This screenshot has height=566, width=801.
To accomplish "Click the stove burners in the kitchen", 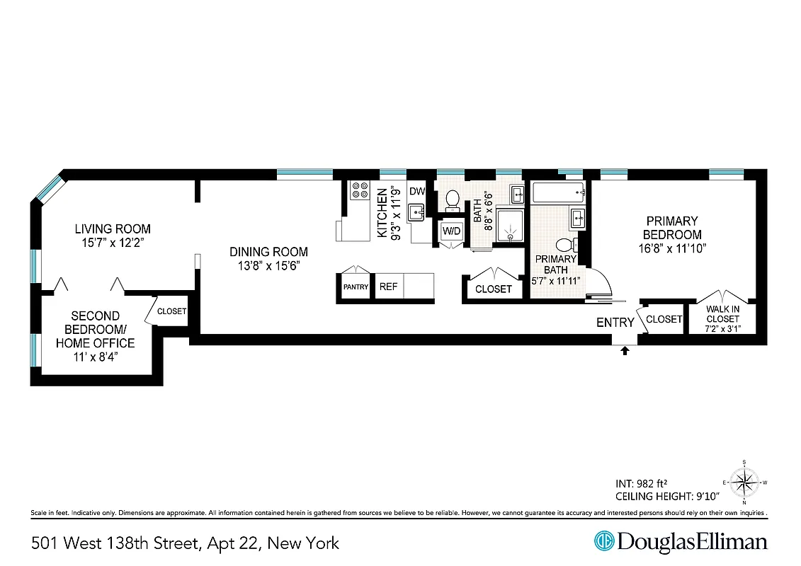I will click(x=360, y=190).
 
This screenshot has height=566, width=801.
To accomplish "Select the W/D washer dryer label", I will click(x=451, y=231).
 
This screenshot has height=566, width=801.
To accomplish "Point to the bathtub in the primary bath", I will click(x=559, y=191).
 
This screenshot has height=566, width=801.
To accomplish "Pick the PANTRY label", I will click(x=356, y=287).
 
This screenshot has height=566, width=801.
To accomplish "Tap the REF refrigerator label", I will click(x=388, y=287).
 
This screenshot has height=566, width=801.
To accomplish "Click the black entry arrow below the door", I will click(x=624, y=350).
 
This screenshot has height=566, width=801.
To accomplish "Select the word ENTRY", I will click(x=615, y=323).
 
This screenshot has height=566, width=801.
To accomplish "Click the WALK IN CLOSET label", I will click(x=722, y=319).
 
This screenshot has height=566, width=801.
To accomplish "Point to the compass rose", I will click(x=744, y=484).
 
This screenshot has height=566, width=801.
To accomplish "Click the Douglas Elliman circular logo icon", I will click(x=604, y=542).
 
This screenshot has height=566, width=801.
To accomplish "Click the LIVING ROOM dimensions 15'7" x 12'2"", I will click(x=113, y=243).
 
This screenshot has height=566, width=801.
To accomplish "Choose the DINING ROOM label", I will click(x=268, y=251).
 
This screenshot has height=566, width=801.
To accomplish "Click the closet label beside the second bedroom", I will click(x=171, y=311).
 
